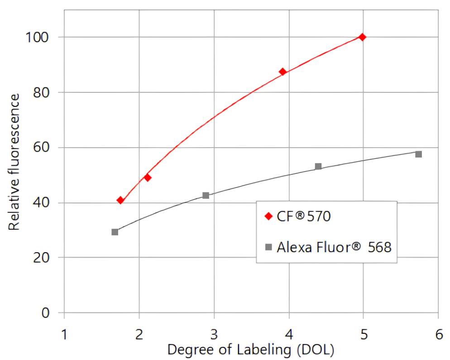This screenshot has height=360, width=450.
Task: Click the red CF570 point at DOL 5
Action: point(362,37)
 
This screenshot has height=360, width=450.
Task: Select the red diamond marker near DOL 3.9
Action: point(283,72)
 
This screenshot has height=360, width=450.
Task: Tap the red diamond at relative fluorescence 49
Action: point(147,178)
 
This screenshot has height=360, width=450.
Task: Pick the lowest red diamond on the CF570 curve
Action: point(120,200)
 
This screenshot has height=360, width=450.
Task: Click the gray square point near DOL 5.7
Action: point(418,154)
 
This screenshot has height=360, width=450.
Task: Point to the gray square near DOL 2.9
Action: point(206,196)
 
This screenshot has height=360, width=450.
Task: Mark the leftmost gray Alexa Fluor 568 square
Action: point(115,232)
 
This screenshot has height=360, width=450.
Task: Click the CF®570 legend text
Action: point(304,216)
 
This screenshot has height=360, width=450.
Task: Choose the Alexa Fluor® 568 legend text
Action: point(334,247)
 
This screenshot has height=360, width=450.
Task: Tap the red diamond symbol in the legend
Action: point(268,216)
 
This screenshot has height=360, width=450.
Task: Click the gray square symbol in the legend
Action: point(268,247)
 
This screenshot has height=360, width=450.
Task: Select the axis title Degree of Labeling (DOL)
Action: point(251,350)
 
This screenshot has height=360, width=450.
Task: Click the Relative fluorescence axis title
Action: point(14,162)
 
